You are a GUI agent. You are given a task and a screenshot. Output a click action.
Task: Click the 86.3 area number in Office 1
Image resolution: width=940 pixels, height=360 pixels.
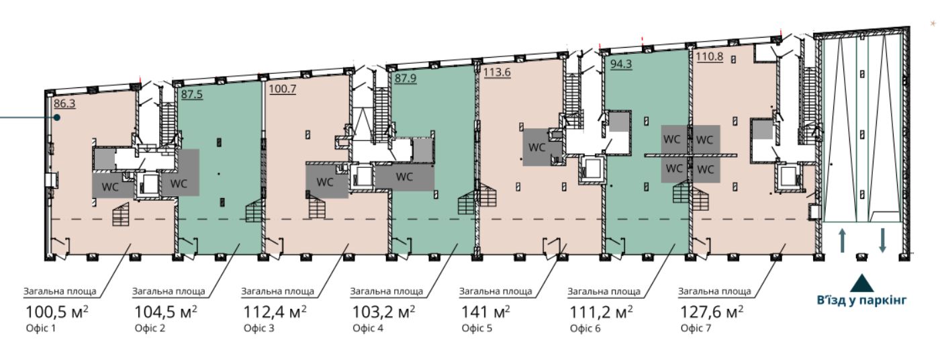tap(64, 103)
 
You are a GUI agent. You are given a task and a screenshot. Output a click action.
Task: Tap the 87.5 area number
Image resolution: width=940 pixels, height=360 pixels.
tap(192, 94)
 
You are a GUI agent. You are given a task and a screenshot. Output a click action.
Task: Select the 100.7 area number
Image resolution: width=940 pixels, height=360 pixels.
tap(283, 89)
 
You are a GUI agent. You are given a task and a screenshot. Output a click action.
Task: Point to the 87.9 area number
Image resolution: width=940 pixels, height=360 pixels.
tap(406, 79)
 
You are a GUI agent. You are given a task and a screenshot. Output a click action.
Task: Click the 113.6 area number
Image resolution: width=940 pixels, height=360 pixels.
tap(497, 72)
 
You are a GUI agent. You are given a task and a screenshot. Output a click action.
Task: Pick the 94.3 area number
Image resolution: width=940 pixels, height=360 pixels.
tap(621, 64)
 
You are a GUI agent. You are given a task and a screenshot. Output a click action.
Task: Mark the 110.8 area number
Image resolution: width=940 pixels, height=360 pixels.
tap(710, 56)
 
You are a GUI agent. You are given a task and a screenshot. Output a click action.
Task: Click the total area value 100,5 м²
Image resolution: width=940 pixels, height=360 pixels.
tap(57, 312)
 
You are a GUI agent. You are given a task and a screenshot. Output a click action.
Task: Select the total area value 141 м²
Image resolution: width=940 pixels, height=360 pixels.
tap(486, 312)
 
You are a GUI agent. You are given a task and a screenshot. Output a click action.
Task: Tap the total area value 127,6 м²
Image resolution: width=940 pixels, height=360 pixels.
tap(712, 312)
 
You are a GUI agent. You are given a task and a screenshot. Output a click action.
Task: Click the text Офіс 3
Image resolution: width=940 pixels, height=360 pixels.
tap(259, 328)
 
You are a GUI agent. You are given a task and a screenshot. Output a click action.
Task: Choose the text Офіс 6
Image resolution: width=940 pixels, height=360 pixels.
tap(585, 328)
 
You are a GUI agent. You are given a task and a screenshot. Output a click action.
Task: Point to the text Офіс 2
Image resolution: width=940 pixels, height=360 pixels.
tap(150, 328)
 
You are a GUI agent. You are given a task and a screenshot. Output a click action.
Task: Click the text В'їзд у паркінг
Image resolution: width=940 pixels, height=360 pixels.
tap(861, 300)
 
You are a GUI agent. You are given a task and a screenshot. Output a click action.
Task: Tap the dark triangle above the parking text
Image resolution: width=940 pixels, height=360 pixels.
tap(862, 284)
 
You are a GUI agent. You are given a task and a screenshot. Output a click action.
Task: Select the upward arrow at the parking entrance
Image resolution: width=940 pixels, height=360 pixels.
tap(842, 240)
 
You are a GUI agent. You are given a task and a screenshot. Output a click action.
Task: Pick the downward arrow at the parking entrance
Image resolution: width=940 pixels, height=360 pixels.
tap(882, 240)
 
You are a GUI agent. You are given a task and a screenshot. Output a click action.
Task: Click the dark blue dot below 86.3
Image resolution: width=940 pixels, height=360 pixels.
tap(56, 118)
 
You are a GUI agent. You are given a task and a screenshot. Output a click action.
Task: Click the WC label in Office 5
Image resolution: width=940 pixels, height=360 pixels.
tap(536, 147)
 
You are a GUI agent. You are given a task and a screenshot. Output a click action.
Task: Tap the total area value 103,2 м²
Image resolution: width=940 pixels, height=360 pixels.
tap(383, 312)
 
